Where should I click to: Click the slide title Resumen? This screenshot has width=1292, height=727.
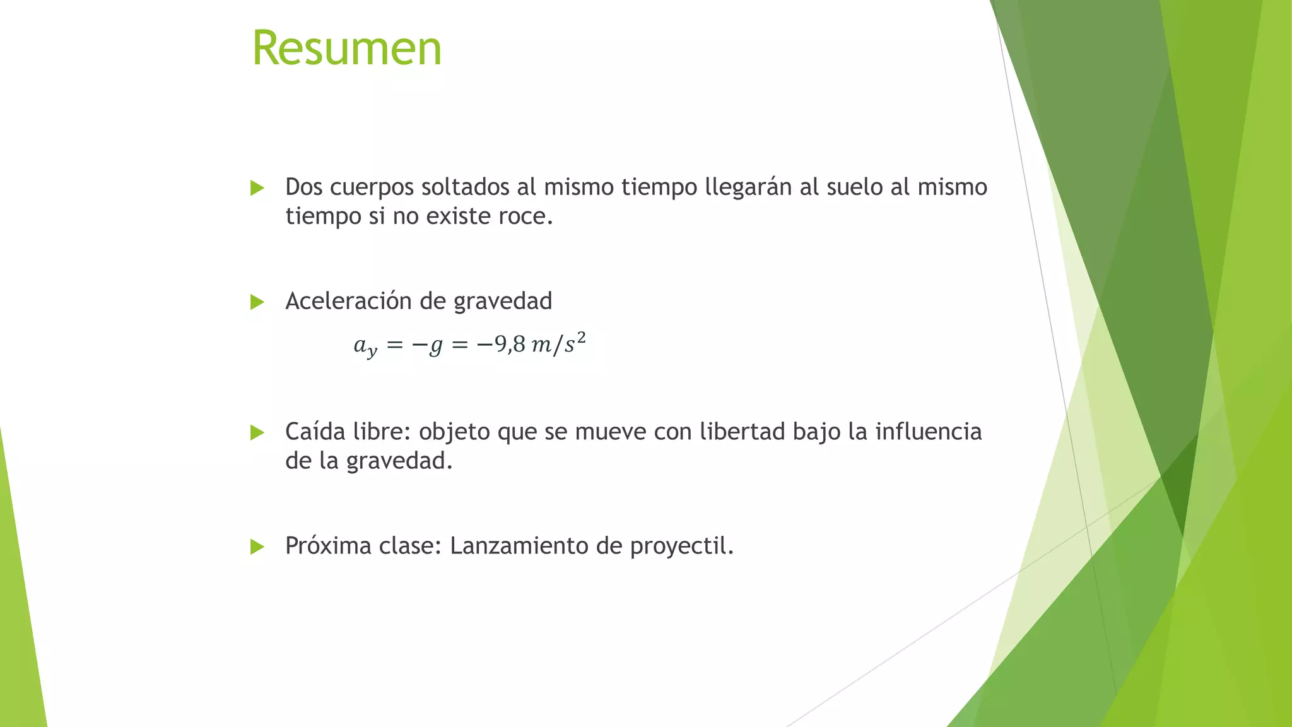(346, 49)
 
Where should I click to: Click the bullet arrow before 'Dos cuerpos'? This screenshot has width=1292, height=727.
(257, 188)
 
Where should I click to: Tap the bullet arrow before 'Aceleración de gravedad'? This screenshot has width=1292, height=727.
(257, 302)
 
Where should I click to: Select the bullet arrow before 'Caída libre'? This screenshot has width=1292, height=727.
(257, 433)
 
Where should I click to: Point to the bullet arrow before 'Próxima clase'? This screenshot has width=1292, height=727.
(257, 547)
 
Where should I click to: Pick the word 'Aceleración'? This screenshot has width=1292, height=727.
(349, 301)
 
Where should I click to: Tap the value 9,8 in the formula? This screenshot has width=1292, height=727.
(510, 345)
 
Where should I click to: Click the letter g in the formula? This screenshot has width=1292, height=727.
(435, 346)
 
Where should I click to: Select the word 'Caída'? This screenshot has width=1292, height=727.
(315, 432)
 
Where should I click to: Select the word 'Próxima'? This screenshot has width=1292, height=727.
(328, 546)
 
